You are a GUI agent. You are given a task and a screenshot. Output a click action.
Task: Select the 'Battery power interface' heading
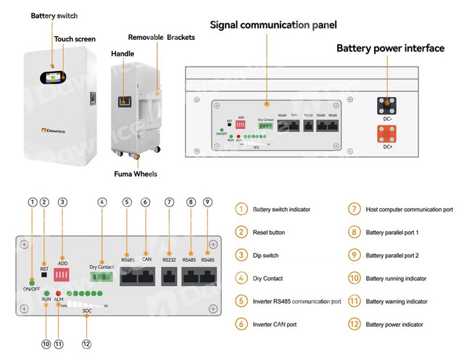pyautogui.click(x=389, y=49)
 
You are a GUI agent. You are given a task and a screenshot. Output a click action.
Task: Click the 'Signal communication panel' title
pyautogui.click(x=273, y=25)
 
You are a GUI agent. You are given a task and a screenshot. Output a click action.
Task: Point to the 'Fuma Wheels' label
pyautogui.click(x=135, y=174)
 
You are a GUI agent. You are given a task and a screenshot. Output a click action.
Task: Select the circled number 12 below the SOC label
pyautogui.click(x=86, y=344)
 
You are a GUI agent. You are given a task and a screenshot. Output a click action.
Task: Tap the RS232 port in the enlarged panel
pyautogui.click(x=170, y=275)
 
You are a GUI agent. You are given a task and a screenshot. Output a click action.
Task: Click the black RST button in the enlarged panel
pyautogui.click(x=44, y=275)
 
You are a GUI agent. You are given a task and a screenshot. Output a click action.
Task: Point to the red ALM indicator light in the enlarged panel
pyautogui.click(x=58, y=293)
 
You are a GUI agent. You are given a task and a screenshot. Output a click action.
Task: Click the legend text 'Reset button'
pyautogui.click(x=268, y=233)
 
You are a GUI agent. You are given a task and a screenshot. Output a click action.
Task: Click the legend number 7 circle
pyautogui.click(x=355, y=209)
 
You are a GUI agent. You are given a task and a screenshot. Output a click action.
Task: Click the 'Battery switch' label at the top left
pyautogui.click(x=54, y=15)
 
